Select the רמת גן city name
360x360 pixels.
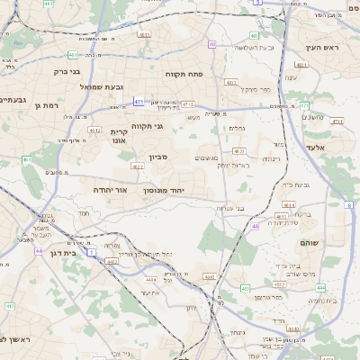pyautogui.click(x=46, y=106)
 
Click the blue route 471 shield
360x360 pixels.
pyautogui.click(x=139, y=102)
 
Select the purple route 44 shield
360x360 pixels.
pyautogui.click(x=39, y=251)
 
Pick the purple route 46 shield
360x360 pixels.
pyautogui.click(x=256, y=226)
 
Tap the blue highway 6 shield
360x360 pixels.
pyautogui.click(x=348, y=206)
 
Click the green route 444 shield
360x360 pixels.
pyautogui.click(x=321, y=288)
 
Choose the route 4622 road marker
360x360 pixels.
pyautogui.click(x=138, y=166)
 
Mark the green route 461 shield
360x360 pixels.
pyautogui.click(x=27, y=160)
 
